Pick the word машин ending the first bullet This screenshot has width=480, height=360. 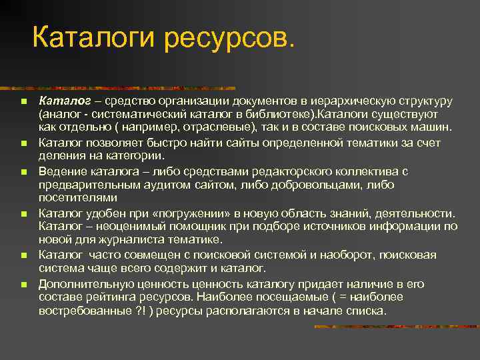434,127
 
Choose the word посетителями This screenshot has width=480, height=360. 78,197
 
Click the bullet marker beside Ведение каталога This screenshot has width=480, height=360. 23,172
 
